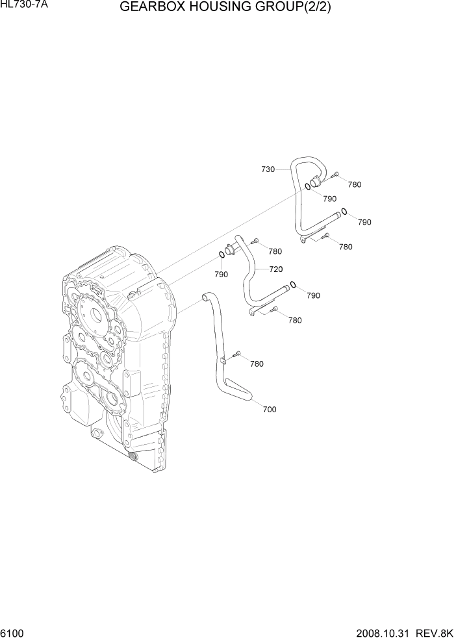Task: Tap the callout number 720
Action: pos(275,269)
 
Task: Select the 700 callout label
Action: pos(269,410)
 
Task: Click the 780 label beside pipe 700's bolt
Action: pos(257,364)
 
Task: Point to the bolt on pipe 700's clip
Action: pos(238,354)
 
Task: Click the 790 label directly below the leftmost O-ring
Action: pos(221,275)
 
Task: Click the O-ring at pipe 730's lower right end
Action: pos(344,211)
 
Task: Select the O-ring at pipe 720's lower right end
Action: pos(294,284)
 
